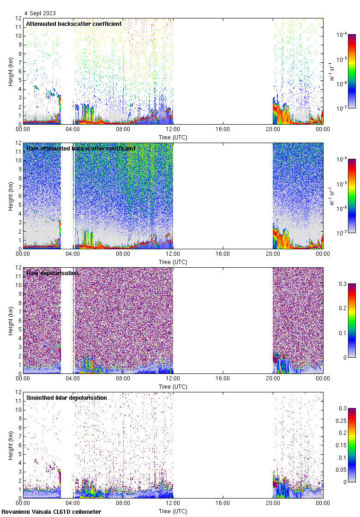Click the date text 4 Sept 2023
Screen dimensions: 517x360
click(40, 13)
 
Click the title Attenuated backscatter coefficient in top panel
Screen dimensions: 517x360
click(74, 24)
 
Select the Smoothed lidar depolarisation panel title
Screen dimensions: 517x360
click(66, 397)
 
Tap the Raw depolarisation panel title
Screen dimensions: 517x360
click(52, 273)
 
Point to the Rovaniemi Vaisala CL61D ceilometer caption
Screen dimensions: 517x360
click(51, 511)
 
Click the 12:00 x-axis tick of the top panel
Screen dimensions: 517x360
click(173, 129)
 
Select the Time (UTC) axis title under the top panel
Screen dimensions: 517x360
click(173, 137)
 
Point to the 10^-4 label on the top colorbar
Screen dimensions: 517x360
click(342, 34)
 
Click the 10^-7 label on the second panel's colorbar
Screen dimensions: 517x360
click(342, 233)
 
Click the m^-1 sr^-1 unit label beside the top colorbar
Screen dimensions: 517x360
click(332, 71)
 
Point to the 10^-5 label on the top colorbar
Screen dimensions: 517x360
click(342, 59)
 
